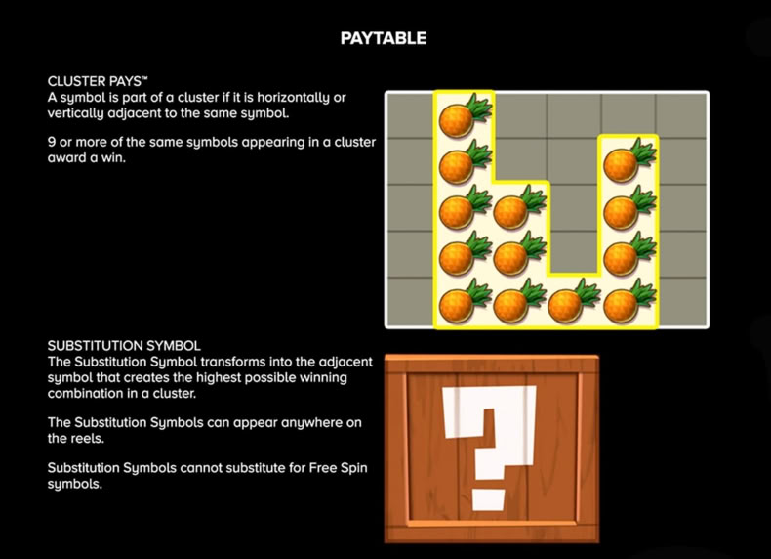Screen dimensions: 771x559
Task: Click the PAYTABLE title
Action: (384, 38)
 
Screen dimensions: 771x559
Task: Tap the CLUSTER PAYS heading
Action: (95, 81)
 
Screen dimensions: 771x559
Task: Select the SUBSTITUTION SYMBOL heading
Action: (124, 346)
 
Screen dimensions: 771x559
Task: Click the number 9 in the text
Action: (51, 142)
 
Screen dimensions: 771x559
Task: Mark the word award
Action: (65, 158)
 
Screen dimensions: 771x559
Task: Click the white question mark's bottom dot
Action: (489, 500)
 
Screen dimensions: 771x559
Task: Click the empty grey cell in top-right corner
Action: (682, 115)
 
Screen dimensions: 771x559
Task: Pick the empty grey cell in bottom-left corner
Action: (411, 301)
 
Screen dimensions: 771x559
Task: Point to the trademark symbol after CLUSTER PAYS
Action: (145, 78)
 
